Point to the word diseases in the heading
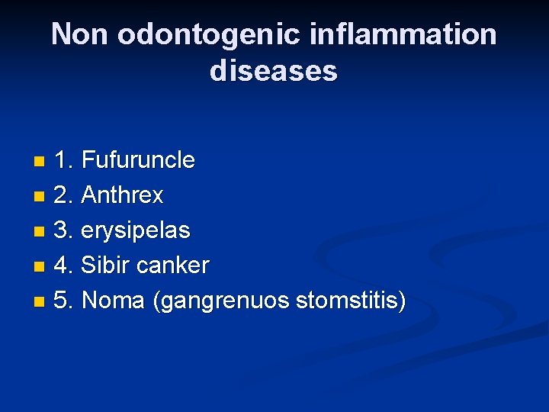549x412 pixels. pyautogui.click(x=273, y=71)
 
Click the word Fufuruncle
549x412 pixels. pyautogui.click(x=138, y=160)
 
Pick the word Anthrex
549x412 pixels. pyautogui.click(x=122, y=195)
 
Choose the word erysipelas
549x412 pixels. pyautogui.click(x=136, y=230)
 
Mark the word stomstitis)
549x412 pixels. pyautogui.click(x=351, y=301)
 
